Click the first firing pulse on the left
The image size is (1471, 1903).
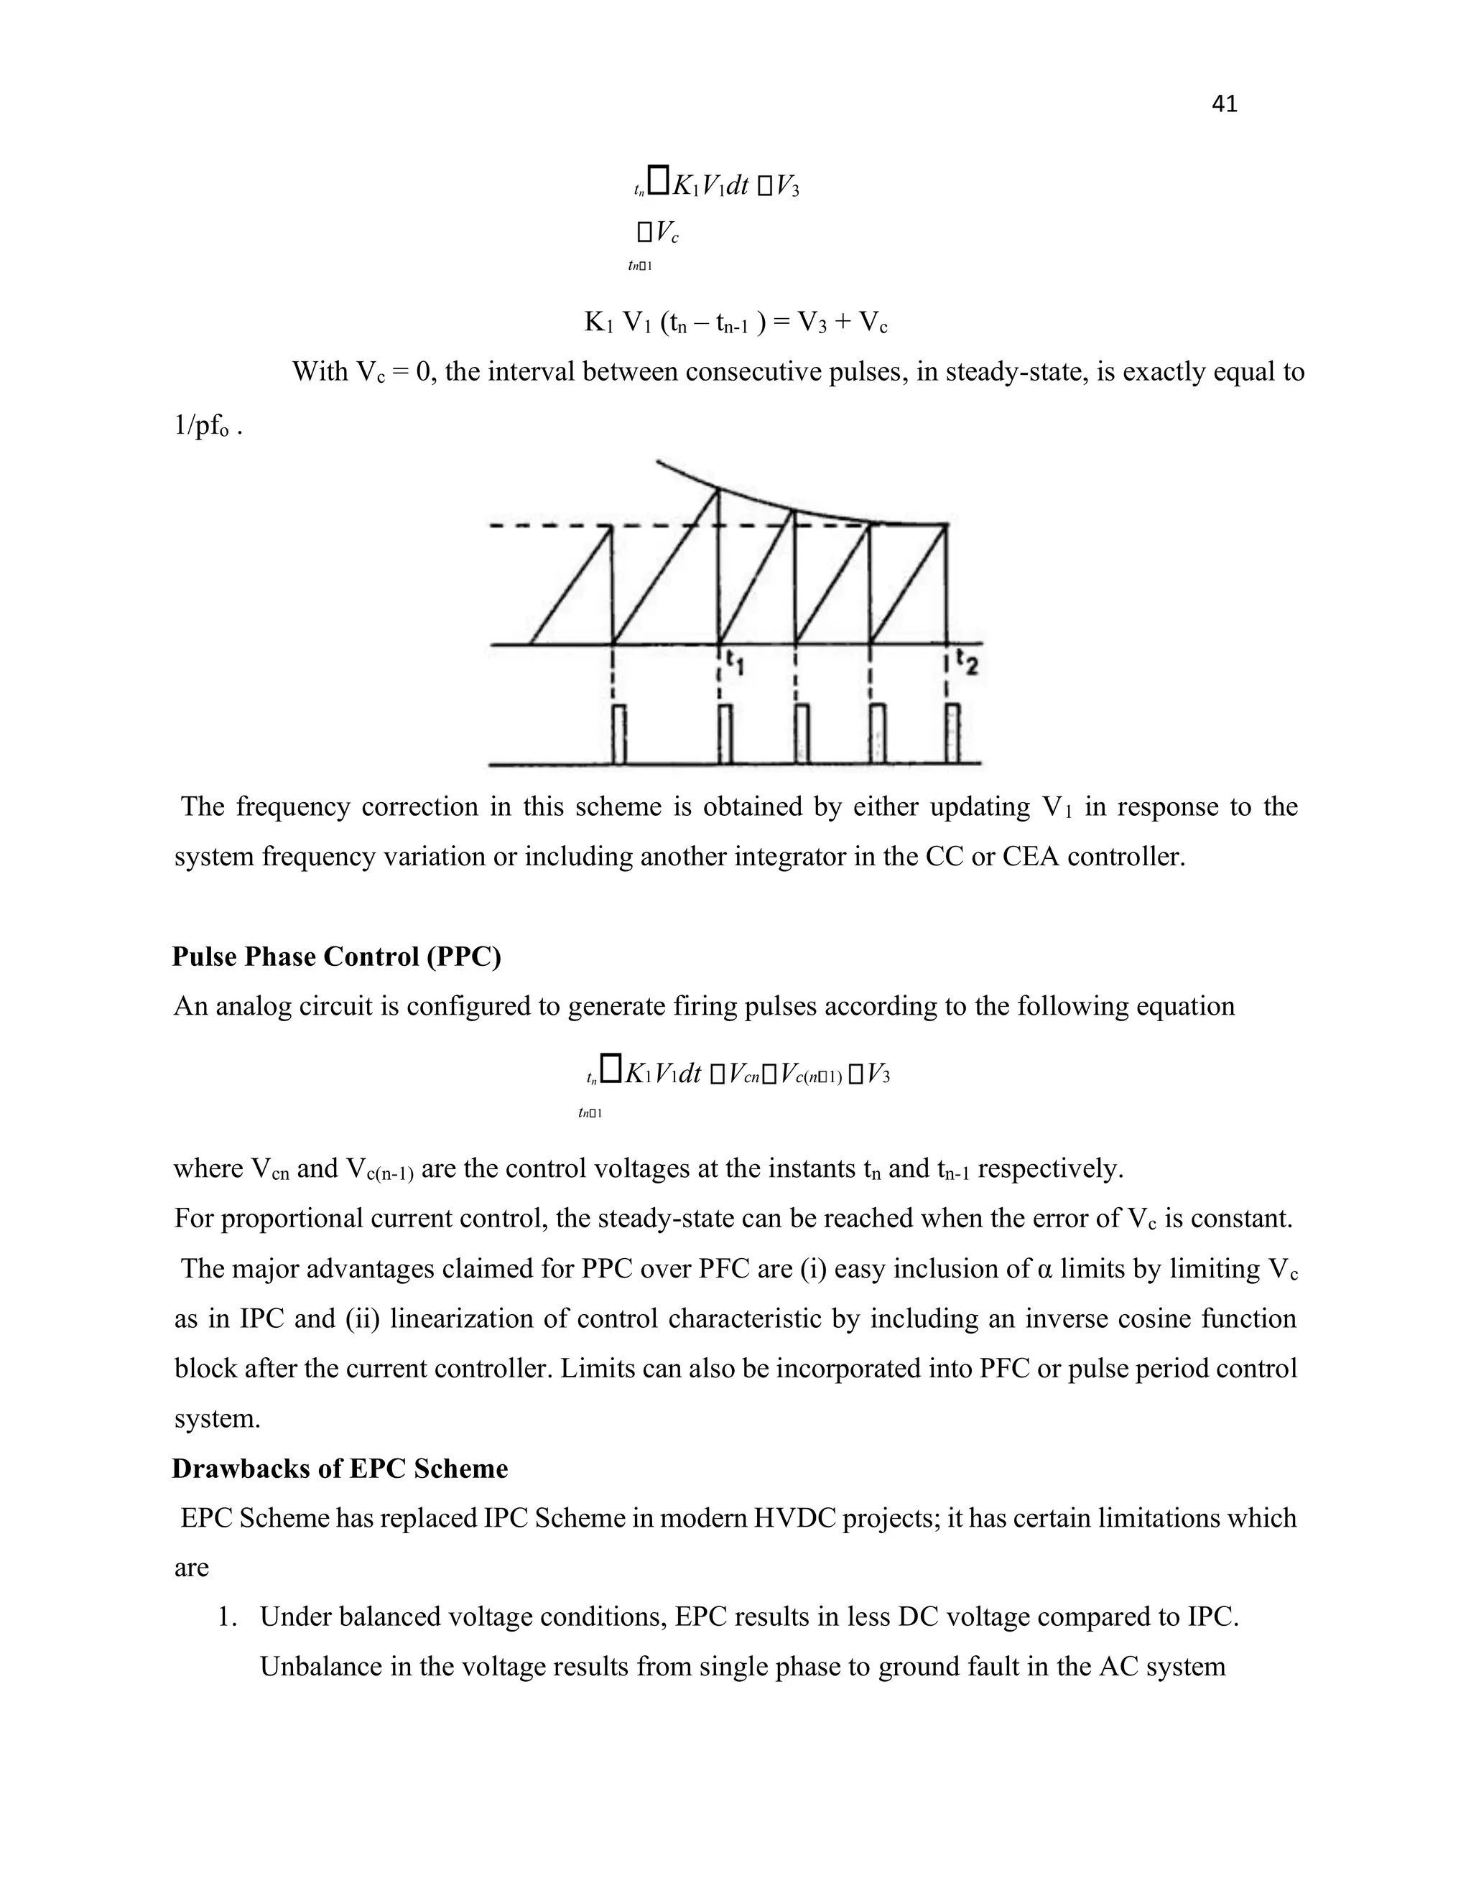[618, 734]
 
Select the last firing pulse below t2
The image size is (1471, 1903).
[953, 734]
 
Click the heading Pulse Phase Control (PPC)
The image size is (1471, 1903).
[336, 957]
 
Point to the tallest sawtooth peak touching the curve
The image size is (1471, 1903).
[718, 490]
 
